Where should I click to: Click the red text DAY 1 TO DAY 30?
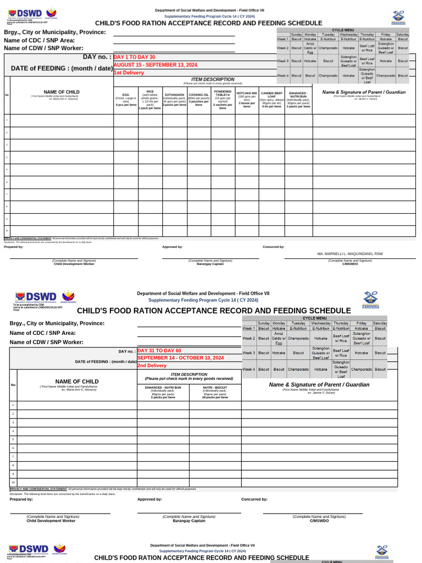pyautogui.click(x=135, y=57)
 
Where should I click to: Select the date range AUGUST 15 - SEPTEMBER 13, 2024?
pyautogui.click(x=155, y=65)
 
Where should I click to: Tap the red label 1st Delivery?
pyautogui.click(x=129, y=73)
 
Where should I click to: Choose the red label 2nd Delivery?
pyautogui.click(x=152, y=366)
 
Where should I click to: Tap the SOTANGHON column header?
pyautogui.click(x=175, y=95)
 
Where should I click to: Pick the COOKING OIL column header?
pyautogui.click(x=199, y=95)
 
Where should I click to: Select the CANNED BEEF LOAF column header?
pyautogui.click(x=271, y=95)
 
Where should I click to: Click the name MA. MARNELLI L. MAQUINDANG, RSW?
pyautogui.click(x=350, y=254)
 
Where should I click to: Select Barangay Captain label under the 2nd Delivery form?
pyautogui.click(x=189, y=521)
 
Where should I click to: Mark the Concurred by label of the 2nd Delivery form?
pyautogui.click(x=254, y=499)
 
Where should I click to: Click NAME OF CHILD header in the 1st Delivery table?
pyautogui.click(x=62, y=92)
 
